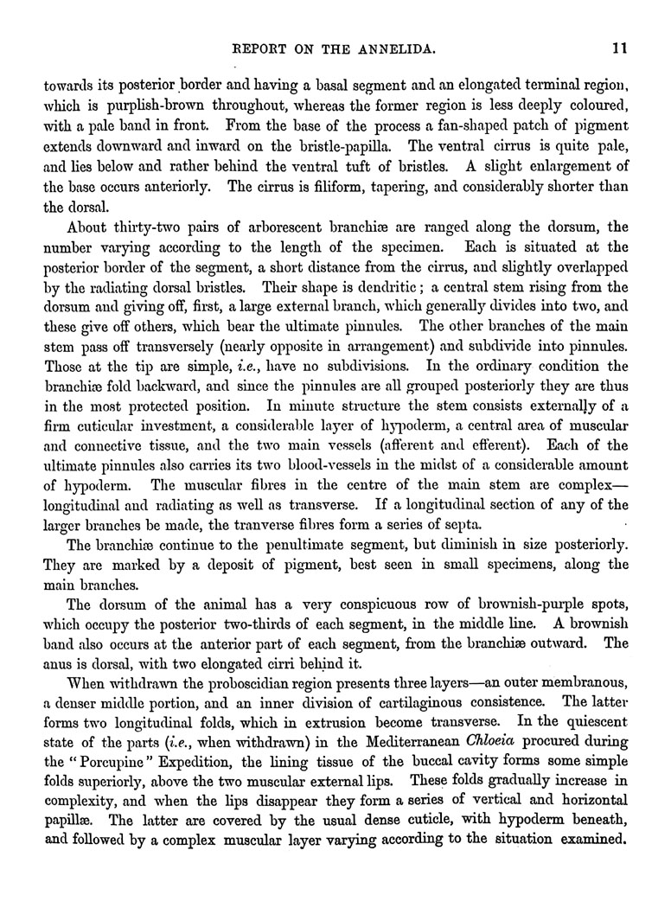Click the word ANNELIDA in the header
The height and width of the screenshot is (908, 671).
(410, 50)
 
